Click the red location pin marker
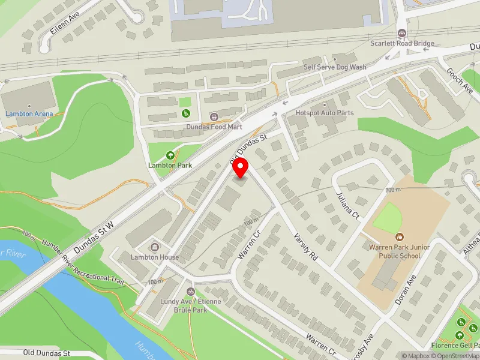pos(241,168)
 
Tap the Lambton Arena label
pos(29,113)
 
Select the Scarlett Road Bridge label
pos(401,44)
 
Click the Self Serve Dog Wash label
pos(334,67)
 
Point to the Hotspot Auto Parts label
pos(325,113)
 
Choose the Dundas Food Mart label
pos(214,127)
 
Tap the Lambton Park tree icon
pos(170,155)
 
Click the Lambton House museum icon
pos(155,247)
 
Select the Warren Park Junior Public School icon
pos(399,236)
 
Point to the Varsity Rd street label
pos(305,246)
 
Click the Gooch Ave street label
pos(460,81)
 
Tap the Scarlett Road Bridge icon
pos(401,33)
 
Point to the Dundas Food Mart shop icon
pos(214,116)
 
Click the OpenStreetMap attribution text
pos(454,356)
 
